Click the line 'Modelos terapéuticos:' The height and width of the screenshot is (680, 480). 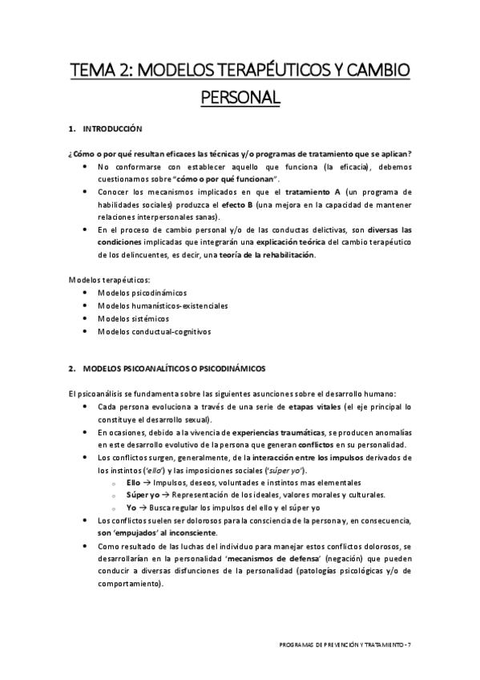104,279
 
